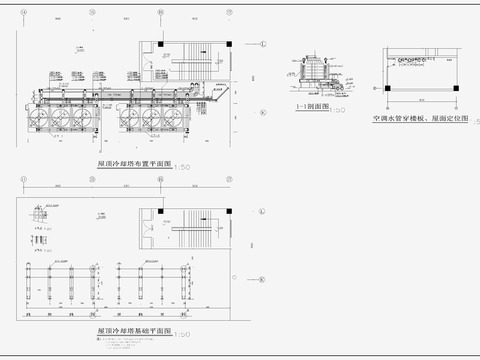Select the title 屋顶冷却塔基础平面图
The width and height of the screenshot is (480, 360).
[x=133, y=329]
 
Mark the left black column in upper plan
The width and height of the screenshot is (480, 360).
[x=159, y=44]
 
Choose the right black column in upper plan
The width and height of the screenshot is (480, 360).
[x=230, y=44]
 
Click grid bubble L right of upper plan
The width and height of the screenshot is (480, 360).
[x=262, y=44]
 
